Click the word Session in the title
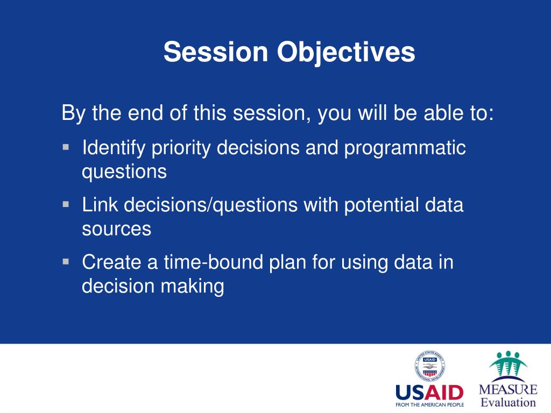pyautogui.click(x=216, y=52)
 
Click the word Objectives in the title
pyautogui.click(x=346, y=53)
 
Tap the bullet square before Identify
pyautogui.click(x=66, y=147)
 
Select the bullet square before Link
pyautogui.click(x=66, y=204)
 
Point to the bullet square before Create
pyautogui.click(x=66, y=261)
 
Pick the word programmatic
pyautogui.click(x=405, y=148)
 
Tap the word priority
pyautogui.click(x=181, y=148)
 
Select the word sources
pyautogui.click(x=117, y=229)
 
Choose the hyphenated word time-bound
pyautogui.click(x=213, y=262)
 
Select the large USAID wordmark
pyautogui.click(x=429, y=393)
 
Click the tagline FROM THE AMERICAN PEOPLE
pyautogui.click(x=430, y=404)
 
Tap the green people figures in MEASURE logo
pyautogui.click(x=508, y=364)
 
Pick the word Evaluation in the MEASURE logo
pyautogui.click(x=508, y=402)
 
